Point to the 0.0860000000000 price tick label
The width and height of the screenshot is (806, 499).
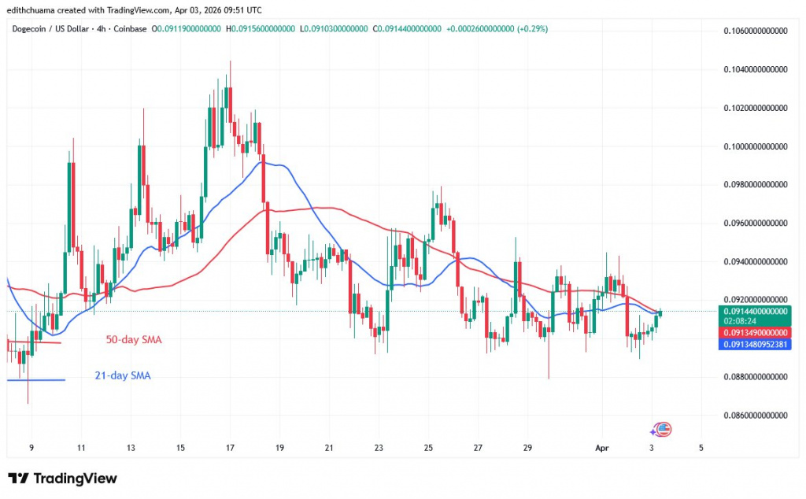pyautogui.click(x=756, y=415)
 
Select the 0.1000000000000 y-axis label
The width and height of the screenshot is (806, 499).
pyautogui.click(x=756, y=146)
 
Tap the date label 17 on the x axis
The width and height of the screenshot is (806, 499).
pyautogui.click(x=230, y=447)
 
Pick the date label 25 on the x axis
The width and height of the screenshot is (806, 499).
pyautogui.click(x=428, y=447)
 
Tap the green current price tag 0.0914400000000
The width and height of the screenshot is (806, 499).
pyautogui.click(x=756, y=311)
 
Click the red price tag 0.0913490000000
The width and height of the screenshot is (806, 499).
pyautogui.click(x=756, y=332)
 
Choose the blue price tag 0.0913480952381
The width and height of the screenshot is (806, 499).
pyautogui.click(x=756, y=344)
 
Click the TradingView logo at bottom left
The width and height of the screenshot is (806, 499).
pyautogui.click(x=63, y=479)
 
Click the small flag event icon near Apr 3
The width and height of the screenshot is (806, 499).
pyautogui.click(x=662, y=430)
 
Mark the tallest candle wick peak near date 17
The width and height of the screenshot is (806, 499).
pyautogui.click(x=230, y=61)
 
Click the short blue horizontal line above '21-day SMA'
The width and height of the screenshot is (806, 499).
pyautogui.click(x=35, y=380)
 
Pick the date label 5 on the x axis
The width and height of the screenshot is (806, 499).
pyautogui.click(x=700, y=447)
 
